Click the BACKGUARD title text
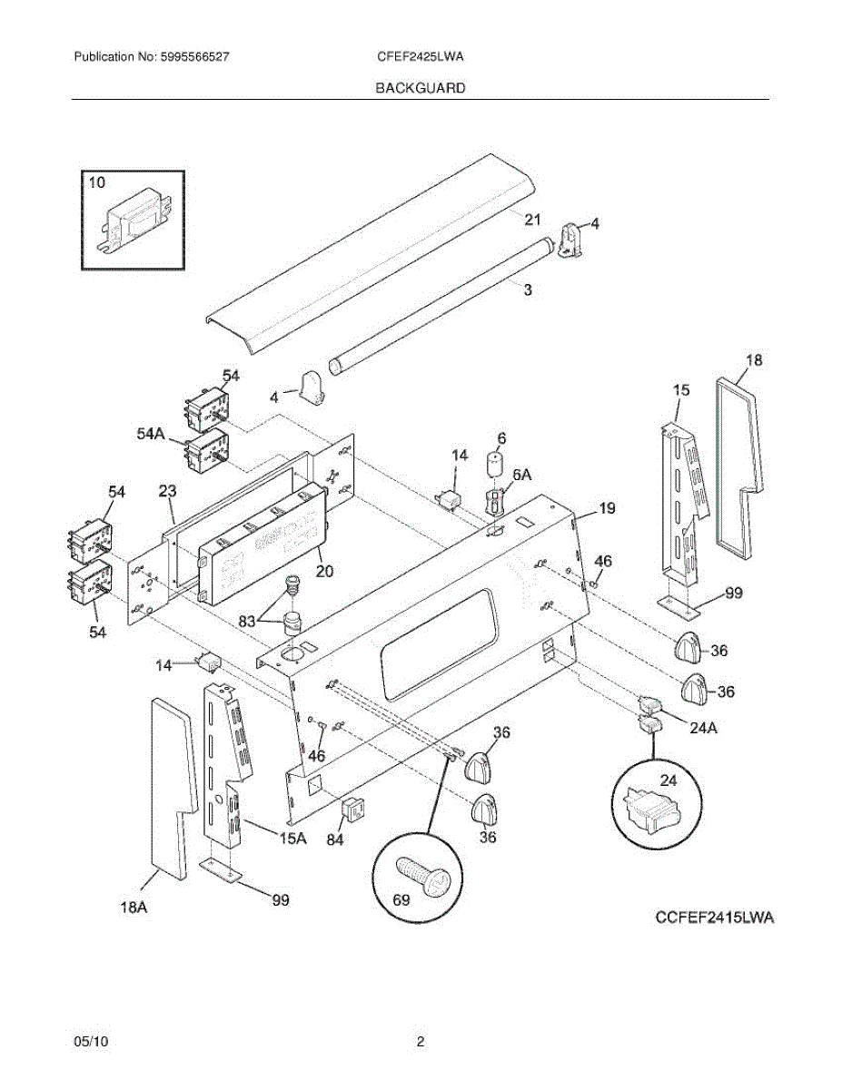pyautogui.click(x=421, y=88)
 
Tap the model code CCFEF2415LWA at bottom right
pyautogui.click(x=715, y=918)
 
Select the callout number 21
pyautogui.click(x=532, y=220)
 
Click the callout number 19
pyautogui.click(x=607, y=509)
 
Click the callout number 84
pyautogui.click(x=335, y=839)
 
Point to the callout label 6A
pyautogui.click(x=522, y=475)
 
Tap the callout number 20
pyautogui.click(x=324, y=571)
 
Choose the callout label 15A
pyautogui.click(x=292, y=839)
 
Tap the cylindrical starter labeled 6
pyautogui.click(x=496, y=465)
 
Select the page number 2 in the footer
pyautogui.click(x=421, y=1042)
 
